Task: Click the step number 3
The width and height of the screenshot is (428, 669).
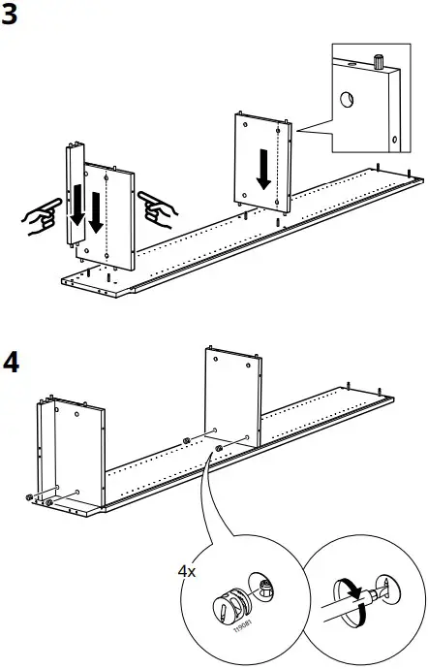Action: [x=13, y=16]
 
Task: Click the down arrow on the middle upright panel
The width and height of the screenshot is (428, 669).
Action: [x=262, y=172]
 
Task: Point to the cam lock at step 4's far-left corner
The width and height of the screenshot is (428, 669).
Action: [x=30, y=497]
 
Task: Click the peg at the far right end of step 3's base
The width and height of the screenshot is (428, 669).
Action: [x=413, y=175]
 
